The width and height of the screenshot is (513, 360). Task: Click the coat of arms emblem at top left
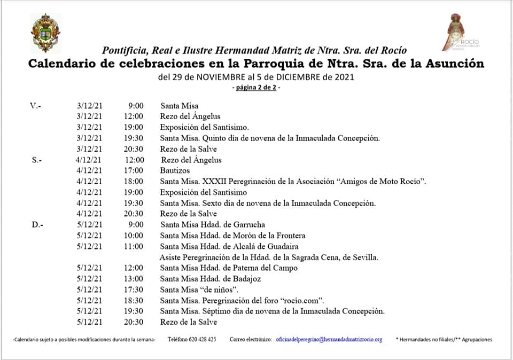pos(45,33)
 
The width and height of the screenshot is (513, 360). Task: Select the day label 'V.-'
pos(35,106)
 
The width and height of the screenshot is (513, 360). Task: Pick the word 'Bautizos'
pos(175,170)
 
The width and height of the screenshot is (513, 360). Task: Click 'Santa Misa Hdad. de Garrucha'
pos(213,224)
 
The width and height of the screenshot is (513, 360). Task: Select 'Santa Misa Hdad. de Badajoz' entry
pos(211,278)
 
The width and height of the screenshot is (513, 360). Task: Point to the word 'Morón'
pos(247,236)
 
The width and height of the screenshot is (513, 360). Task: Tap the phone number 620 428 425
pos(203,339)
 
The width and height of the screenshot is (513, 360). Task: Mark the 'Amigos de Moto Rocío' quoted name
pos(381,181)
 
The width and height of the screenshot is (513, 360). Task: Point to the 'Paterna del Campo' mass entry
pos(229,268)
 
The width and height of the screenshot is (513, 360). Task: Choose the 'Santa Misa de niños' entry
pos(199,289)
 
